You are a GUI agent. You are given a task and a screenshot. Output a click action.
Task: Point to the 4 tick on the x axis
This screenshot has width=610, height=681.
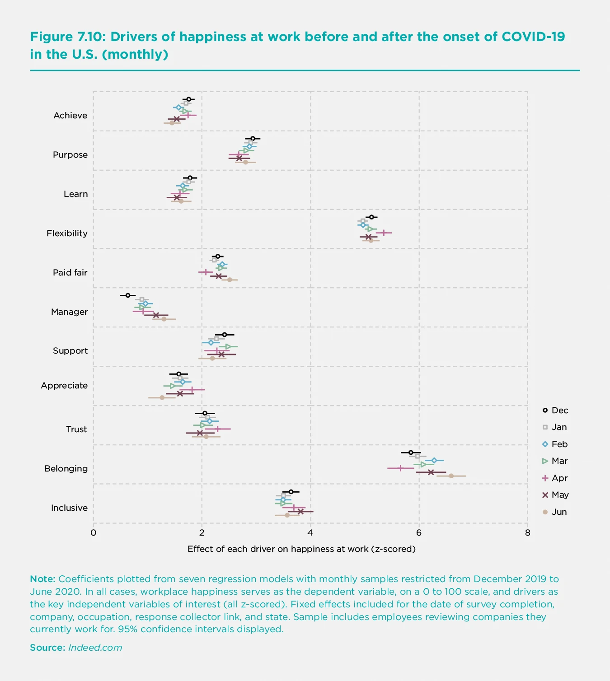pos(310,532)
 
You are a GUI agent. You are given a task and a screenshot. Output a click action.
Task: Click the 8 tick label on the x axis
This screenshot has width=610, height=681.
pos(527,532)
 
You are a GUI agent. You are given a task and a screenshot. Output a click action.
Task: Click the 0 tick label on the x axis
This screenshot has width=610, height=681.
pos(94,532)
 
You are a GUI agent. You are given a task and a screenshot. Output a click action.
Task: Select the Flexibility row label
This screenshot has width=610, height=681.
pos(67,233)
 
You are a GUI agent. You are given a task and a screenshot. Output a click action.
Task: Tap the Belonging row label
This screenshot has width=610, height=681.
pos(66,468)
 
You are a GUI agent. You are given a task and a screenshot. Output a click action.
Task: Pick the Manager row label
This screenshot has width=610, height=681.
pos(69,312)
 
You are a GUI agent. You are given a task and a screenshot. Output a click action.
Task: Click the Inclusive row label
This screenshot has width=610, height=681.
pos(69,508)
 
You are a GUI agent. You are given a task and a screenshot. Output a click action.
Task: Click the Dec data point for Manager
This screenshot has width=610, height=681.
pos(127,295)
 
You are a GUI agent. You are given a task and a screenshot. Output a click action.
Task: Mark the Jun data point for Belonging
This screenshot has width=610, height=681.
pos(451,476)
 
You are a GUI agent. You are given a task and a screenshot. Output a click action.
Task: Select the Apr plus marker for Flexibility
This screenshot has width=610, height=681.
pos(384,233)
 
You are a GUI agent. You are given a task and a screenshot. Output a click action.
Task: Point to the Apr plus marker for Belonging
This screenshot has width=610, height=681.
pos(400,468)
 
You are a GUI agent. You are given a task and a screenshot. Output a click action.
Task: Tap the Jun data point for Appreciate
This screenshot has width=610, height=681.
pos(162,397)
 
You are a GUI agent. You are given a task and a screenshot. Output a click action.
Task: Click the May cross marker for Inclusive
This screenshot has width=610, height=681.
pos(300,511)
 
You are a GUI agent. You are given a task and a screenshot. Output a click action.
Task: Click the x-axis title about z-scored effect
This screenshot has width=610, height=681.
pos(301,549)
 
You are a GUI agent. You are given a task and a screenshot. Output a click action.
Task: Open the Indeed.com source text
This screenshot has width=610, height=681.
pos(95,648)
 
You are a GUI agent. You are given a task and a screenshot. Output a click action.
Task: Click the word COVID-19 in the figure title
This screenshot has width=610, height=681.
pos(534,37)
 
